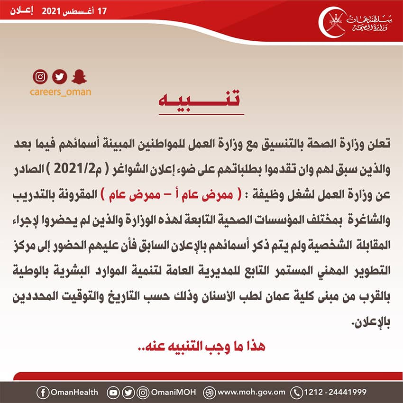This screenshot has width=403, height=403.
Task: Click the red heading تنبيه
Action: pyautogui.click(x=201, y=101)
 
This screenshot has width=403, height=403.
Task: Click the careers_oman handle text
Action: pyautogui.click(x=59, y=92)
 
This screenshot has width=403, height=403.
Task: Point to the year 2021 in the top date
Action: pyautogui.click(x=52, y=10)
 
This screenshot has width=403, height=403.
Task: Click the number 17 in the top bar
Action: pyautogui.click(x=102, y=10)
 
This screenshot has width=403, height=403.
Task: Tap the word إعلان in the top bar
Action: pyautogui.click(x=22, y=10)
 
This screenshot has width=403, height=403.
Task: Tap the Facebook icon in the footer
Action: pyautogui.click(x=43, y=392)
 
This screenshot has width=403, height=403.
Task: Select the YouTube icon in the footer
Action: pyautogui.click(x=113, y=392)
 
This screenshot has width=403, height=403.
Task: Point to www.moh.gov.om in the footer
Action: pyautogui.click(x=251, y=392)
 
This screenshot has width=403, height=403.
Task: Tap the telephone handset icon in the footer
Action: pyautogui.click(x=297, y=392)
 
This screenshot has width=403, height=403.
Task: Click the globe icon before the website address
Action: pyautogui.click(x=209, y=392)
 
